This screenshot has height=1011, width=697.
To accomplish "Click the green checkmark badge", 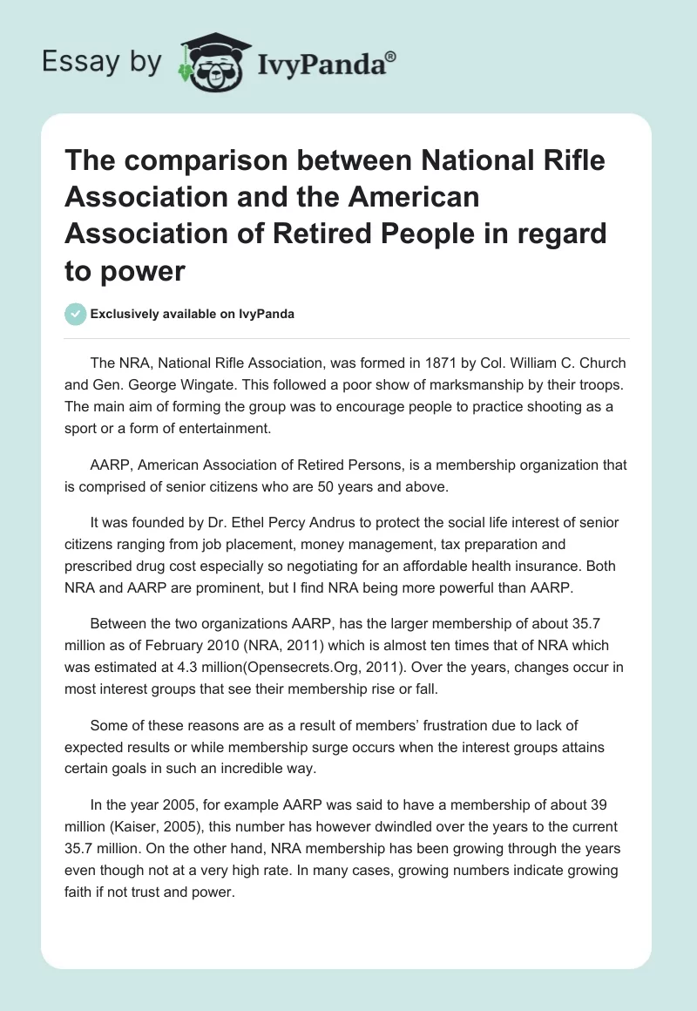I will point(76,314).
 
